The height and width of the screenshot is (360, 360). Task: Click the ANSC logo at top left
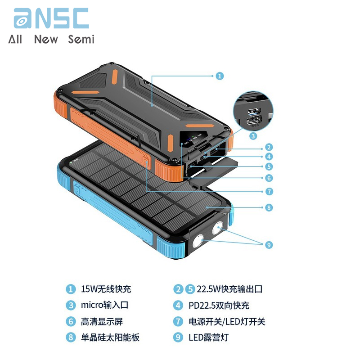click(51, 18)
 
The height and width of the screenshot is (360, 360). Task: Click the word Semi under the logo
click(81, 39)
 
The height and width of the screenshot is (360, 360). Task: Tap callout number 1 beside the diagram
click(220, 76)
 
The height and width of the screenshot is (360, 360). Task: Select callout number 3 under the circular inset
click(253, 136)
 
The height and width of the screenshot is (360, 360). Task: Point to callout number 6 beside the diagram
click(269, 178)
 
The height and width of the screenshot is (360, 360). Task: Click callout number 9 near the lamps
click(269, 245)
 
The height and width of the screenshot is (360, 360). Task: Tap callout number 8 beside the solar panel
click(269, 207)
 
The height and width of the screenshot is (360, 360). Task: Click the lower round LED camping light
click(198, 241)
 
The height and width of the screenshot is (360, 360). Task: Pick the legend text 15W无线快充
click(106, 289)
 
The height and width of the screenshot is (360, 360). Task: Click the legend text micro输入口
click(104, 305)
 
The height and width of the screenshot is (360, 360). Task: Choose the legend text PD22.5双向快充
click(219, 306)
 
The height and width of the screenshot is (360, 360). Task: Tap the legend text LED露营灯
click(208, 337)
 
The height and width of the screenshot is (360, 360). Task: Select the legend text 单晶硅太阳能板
click(110, 337)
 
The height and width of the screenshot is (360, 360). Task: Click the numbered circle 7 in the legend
click(178, 321)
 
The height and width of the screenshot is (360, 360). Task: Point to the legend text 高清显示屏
click(102, 321)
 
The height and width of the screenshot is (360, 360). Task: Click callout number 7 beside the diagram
click(269, 191)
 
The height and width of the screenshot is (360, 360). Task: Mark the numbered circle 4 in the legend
click(178, 306)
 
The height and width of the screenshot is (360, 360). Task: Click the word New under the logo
click(46, 39)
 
